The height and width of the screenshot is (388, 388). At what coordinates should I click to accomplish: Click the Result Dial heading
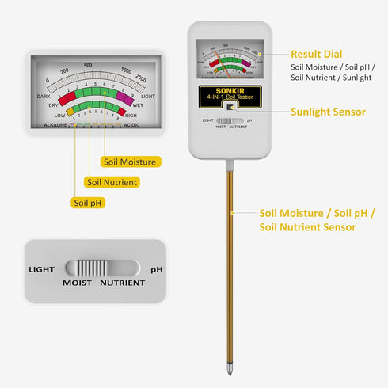click(317, 54)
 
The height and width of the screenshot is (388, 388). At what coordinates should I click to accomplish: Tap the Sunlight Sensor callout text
click(328, 112)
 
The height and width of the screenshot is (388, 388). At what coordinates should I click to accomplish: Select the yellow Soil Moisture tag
click(131, 162)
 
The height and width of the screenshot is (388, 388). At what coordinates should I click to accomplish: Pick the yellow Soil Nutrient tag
click(112, 182)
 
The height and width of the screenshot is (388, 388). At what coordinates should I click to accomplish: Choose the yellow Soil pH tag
click(90, 203)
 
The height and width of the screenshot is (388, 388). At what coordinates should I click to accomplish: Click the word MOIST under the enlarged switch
click(77, 283)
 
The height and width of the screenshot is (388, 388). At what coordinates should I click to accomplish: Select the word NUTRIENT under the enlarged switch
click(123, 283)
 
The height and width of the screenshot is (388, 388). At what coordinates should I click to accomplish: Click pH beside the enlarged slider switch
click(157, 269)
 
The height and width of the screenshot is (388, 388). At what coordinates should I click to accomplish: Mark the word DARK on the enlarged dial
click(44, 97)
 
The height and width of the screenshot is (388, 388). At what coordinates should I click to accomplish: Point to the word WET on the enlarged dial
click(137, 105)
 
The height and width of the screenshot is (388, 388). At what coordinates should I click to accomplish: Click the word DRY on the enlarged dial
click(53, 105)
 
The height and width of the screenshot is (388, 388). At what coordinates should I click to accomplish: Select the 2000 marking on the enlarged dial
click(141, 79)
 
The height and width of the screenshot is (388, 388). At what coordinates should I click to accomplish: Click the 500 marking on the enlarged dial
click(89, 65)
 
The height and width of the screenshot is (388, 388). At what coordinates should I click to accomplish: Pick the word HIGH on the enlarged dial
click(132, 115)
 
